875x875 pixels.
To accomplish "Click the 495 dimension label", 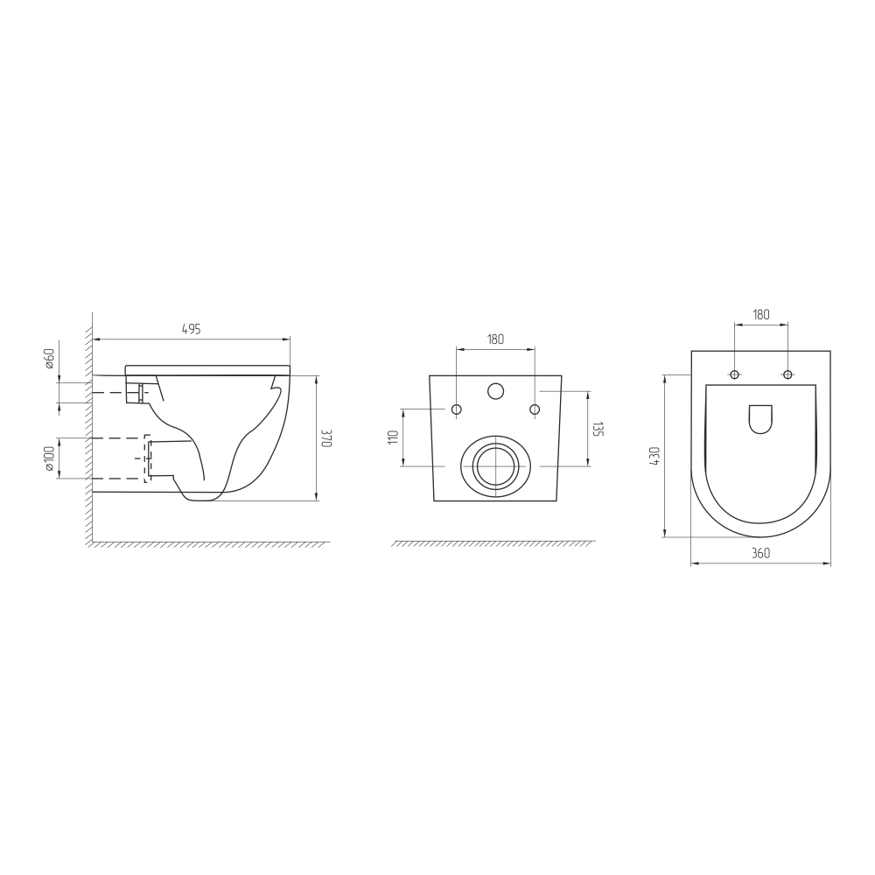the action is (x=192, y=329).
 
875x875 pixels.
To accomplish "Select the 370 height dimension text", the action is (x=327, y=438).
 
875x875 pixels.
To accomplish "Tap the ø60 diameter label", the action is (x=49, y=358).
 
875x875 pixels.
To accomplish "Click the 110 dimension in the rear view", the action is (x=395, y=437).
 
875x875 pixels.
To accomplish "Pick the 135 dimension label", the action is (x=598, y=429).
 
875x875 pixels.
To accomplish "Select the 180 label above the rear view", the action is (x=495, y=339).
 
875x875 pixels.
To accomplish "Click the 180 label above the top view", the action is (x=761, y=314).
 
